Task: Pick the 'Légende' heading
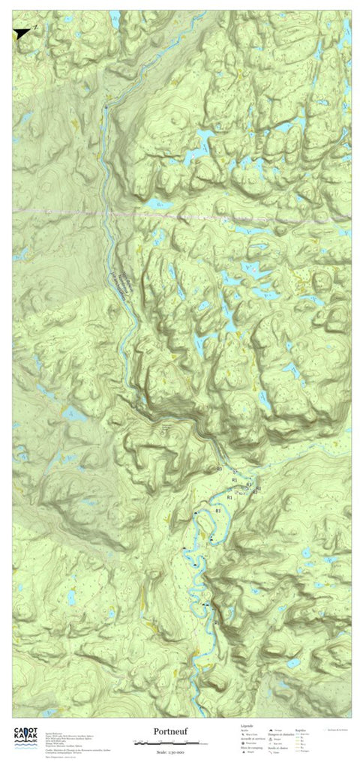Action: click(247, 726)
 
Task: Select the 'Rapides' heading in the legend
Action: click(301, 728)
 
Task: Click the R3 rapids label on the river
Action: click(219, 469)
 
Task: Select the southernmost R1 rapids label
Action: click(219, 510)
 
